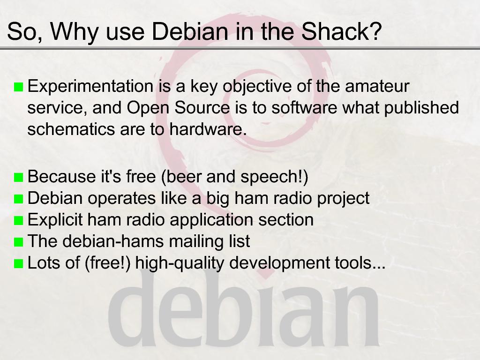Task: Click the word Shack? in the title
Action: (342, 31)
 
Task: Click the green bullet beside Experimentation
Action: (19, 87)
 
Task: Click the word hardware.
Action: (208, 129)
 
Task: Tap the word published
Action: (421, 108)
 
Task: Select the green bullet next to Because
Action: (19, 177)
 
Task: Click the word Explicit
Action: (55, 220)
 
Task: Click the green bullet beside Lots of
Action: (19, 263)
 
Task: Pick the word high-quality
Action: (180, 263)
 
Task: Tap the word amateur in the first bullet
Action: (377, 86)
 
